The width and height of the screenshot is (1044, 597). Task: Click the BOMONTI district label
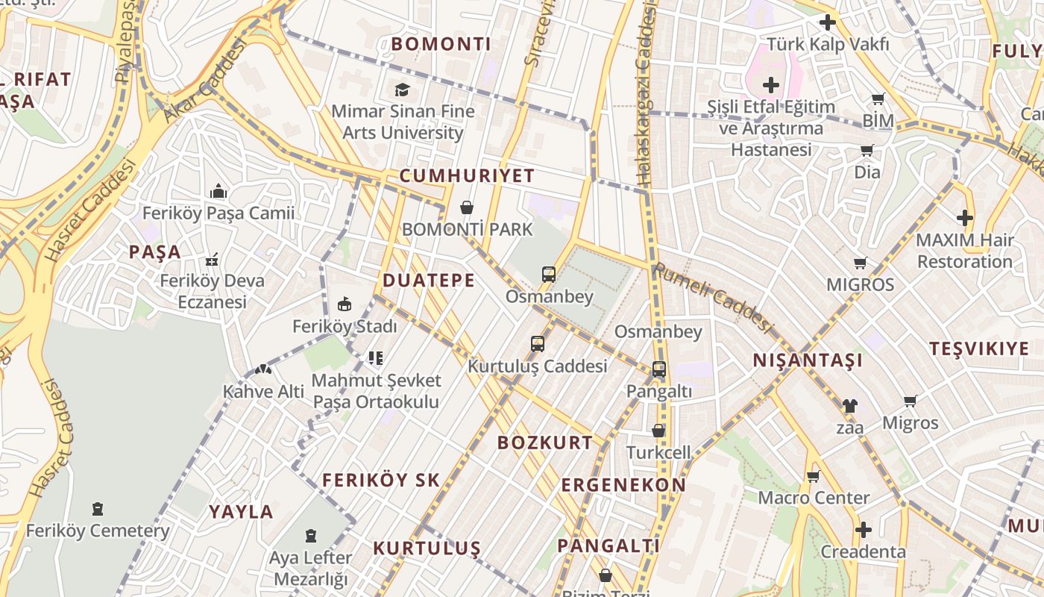(441, 44)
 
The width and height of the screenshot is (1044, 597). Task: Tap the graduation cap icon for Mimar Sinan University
(403, 90)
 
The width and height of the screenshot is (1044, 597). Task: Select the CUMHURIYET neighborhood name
(467, 176)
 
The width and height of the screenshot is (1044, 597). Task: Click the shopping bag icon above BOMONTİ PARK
(467, 207)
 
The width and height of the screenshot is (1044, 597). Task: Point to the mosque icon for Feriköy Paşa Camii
(218, 192)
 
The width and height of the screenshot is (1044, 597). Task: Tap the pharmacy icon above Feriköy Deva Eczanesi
(212, 260)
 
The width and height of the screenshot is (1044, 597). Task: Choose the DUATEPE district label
(428, 281)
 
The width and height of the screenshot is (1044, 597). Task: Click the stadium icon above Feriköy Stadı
(344, 304)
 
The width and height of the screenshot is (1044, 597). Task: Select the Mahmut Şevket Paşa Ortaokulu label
(376, 391)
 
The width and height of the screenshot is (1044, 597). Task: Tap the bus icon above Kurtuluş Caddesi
(538, 344)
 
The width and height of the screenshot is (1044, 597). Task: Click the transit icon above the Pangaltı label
(659, 369)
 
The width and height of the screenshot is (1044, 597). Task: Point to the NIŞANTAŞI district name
(808, 360)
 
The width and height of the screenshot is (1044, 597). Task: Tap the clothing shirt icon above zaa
(849, 406)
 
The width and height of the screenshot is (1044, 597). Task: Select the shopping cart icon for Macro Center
(813, 476)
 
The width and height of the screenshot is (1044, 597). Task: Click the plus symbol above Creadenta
(864, 530)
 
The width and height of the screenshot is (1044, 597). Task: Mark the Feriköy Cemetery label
(98, 531)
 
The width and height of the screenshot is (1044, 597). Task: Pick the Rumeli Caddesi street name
(711, 298)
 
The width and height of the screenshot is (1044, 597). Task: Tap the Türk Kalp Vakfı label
(828, 45)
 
